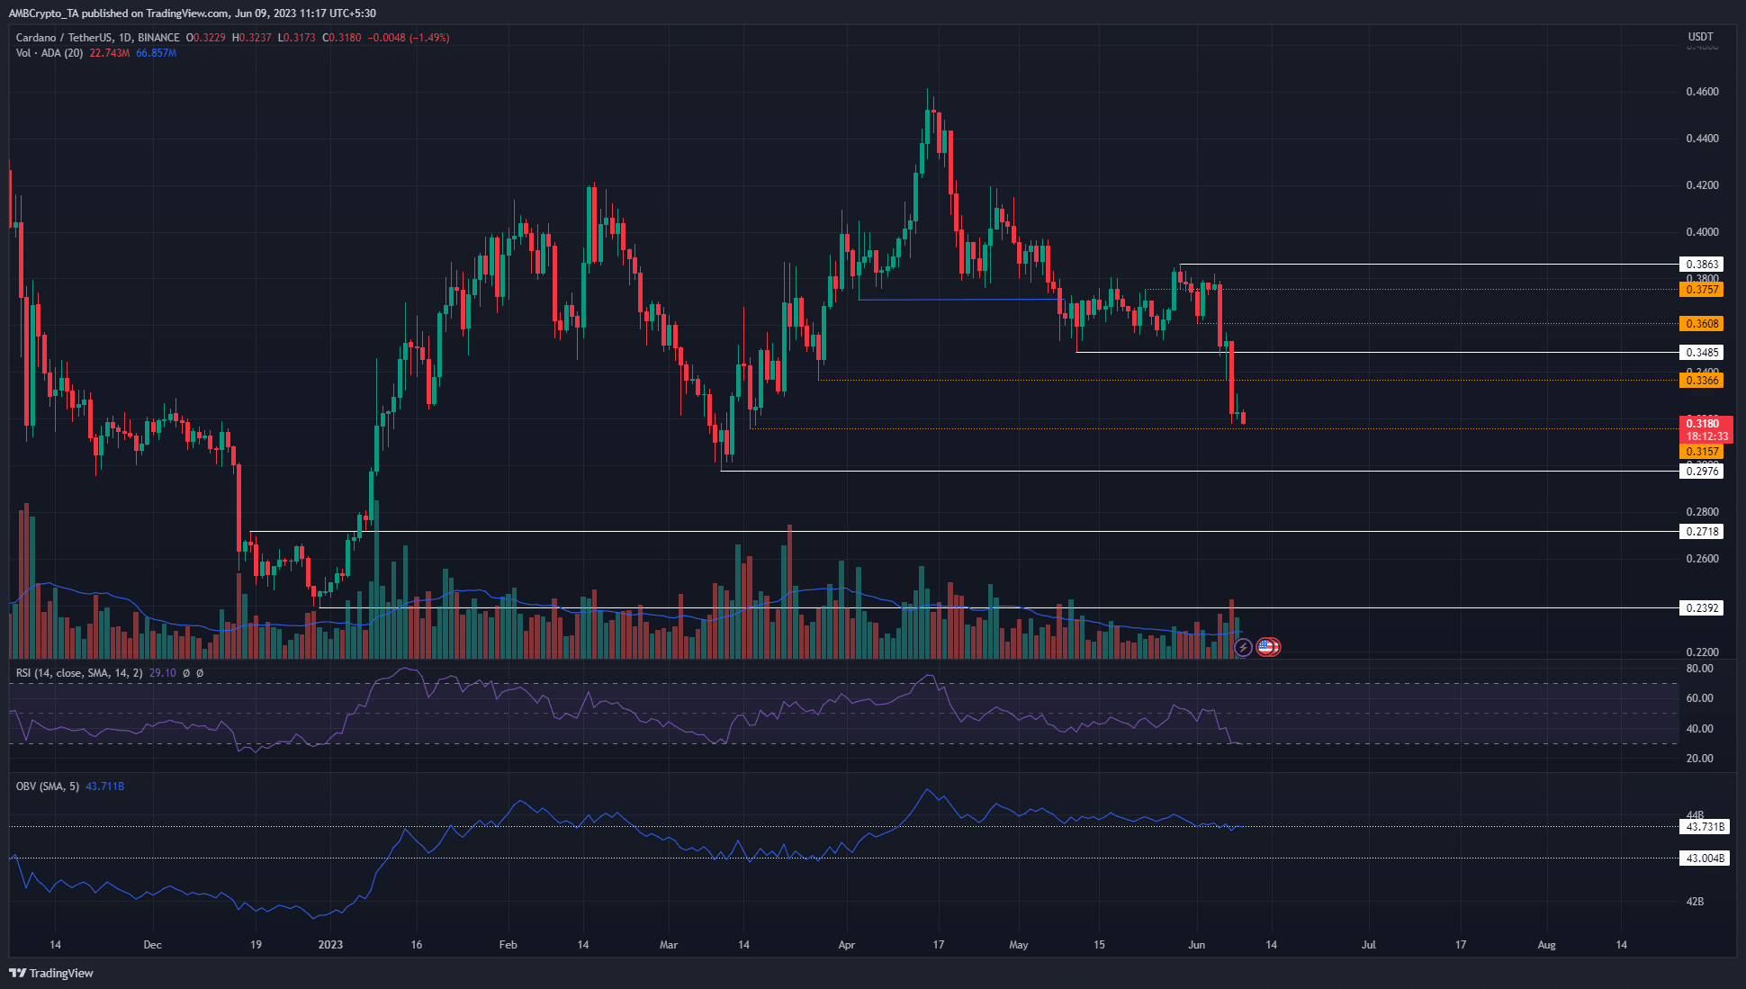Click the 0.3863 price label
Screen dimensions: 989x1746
[1701, 265]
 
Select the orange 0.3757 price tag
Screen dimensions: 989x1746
[1701, 290]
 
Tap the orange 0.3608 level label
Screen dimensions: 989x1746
[1701, 324]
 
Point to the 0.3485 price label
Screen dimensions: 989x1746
[1701, 353]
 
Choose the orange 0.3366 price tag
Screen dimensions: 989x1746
[1701, 381]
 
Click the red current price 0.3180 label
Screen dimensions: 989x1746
[1701, 424]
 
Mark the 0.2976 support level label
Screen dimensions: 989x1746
[1701, 472]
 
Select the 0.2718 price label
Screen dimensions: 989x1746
[1701, 532]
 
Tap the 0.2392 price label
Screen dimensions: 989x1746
[1701, 608]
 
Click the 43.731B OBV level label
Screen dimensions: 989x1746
[1705, 827]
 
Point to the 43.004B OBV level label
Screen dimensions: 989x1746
[1705, 859]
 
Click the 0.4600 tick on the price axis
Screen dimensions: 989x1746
[1701, 92]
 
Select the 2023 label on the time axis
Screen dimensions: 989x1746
[330, 945]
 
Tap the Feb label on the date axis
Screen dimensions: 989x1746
[508, 945]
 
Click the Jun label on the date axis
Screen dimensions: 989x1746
[1196, 945]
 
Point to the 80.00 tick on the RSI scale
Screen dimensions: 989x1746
[1699, 669]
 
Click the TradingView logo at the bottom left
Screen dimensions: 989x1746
[51, 973]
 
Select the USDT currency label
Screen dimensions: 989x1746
[1700, 37]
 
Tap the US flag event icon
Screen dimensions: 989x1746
[1266, 646]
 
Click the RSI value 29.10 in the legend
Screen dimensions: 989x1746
[162, 673]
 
